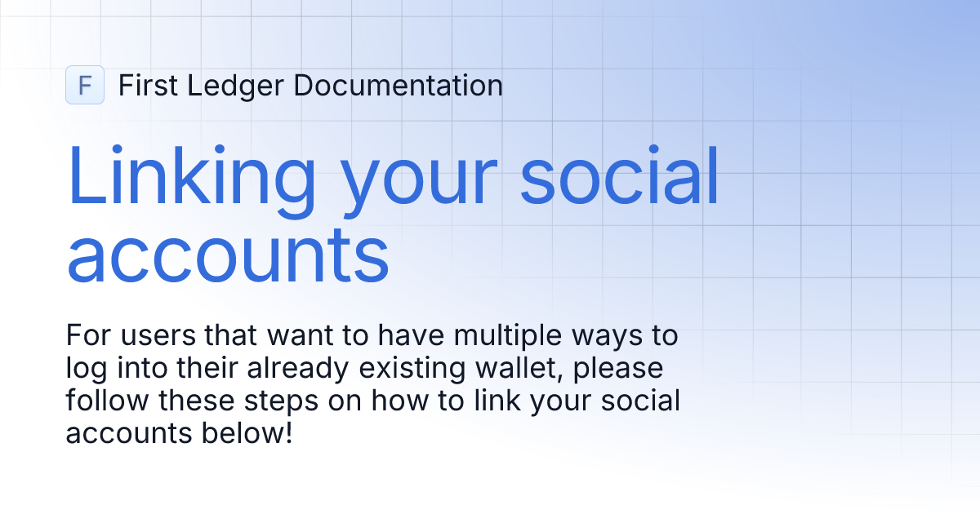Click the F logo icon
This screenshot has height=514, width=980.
click(x=85, y=85)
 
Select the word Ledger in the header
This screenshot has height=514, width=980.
click(x=230, y=85)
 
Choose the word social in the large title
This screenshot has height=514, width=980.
click(x=620, y=175)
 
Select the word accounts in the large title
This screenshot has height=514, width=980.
click(x=228, y=255)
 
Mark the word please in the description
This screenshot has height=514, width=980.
click(x=624, y=370)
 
